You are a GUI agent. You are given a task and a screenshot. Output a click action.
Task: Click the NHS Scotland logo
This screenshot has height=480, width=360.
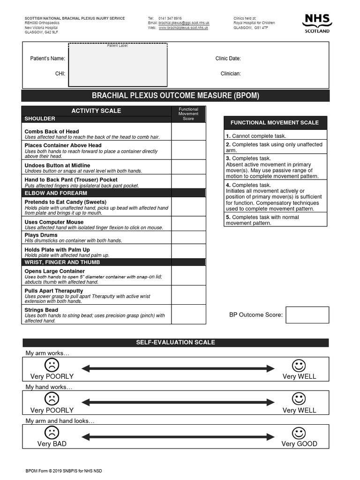tap(317, 23)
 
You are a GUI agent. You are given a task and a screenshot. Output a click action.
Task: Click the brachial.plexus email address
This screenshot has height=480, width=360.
tap(184, 23)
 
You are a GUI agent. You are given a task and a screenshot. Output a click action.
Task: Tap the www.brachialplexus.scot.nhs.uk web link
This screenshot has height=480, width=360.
tap(183, 28)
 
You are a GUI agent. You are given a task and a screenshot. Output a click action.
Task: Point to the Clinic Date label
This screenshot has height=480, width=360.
tap(228, 59)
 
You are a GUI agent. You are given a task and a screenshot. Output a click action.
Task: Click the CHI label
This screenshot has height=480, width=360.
tap(60, 74)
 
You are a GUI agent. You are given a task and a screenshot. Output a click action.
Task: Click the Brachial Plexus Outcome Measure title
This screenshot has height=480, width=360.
tap(175, 96)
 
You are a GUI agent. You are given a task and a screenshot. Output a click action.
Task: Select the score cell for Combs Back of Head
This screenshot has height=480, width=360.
tap(188, 131)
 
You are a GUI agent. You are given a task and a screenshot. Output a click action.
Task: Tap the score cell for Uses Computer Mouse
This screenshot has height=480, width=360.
tap(188, 223)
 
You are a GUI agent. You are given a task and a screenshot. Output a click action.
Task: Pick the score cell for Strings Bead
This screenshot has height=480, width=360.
tap(188, 314)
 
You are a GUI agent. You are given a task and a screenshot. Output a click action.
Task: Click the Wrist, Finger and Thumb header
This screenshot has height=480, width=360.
tap(62, 262)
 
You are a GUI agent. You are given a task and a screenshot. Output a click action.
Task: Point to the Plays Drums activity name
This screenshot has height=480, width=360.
tap(41, 235)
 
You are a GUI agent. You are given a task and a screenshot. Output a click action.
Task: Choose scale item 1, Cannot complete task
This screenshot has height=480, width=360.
tap(256, 136)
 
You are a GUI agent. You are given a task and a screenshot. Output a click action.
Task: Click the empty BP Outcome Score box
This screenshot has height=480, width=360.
tap(307, 315)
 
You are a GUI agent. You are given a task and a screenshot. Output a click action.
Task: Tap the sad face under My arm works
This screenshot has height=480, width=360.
tap(52, 365)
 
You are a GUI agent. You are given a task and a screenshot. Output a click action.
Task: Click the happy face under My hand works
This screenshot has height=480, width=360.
tap(299, 398)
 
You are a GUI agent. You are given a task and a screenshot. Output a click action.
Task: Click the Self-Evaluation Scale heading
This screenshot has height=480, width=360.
tap(175, 343)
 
